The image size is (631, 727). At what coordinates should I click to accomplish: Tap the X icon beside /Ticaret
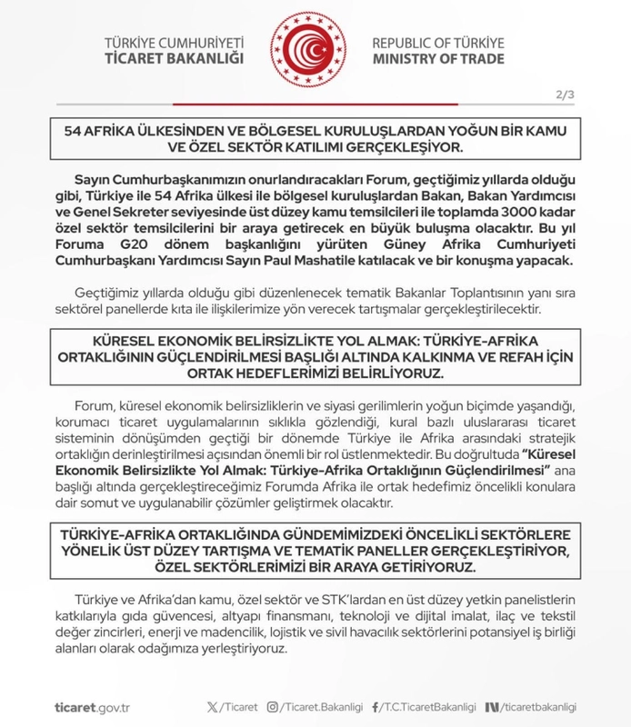(x=215, y=706)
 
